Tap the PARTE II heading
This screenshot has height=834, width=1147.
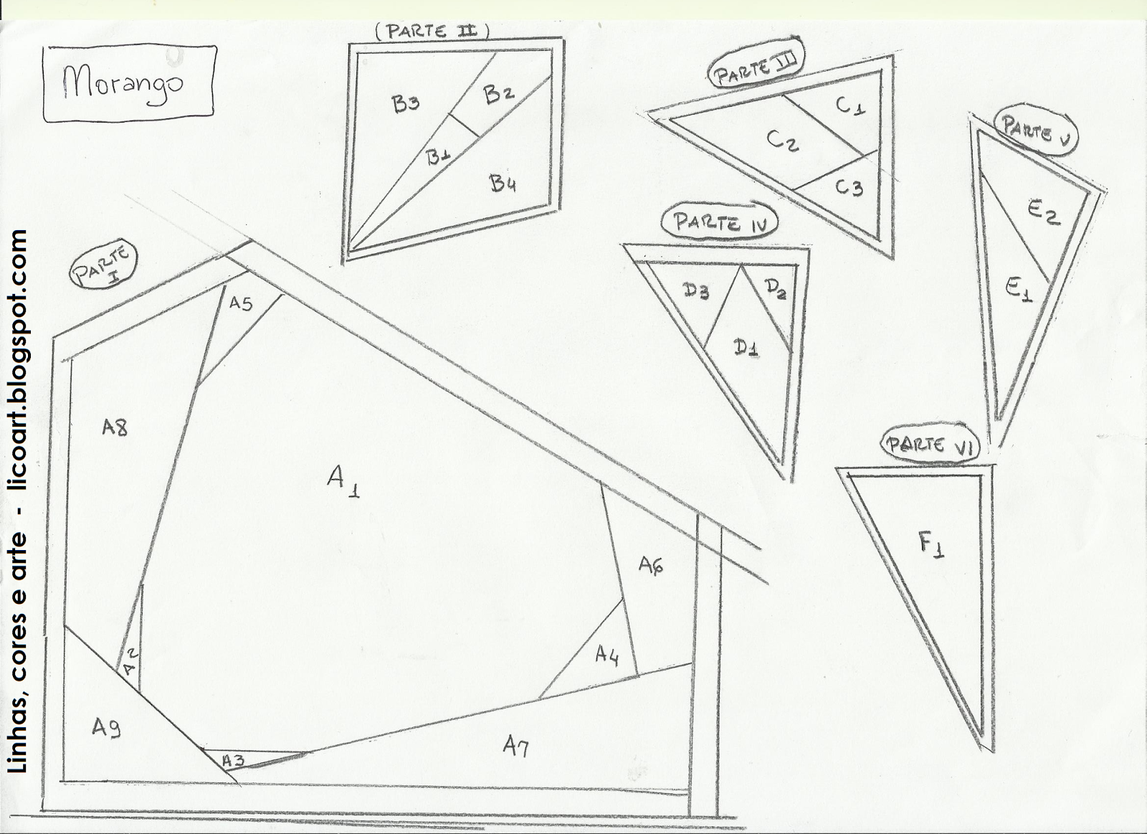click(x=432, y=32)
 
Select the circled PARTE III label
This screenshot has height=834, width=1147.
click(x=756, y=67)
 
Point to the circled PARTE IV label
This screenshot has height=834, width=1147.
click(x=720, y=223)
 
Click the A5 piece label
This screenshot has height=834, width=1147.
click(x=241, y=303)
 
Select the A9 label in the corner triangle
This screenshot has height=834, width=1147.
click(x=107, y=727)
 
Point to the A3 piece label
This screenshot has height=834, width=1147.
click(x=233, y=762)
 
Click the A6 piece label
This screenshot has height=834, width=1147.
click(x=652, y=565)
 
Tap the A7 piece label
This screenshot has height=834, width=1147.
click(x=515, y=744)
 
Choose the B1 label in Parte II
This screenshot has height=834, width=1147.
click(x=439, y=158)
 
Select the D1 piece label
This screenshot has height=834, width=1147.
click(x=746, y=349)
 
